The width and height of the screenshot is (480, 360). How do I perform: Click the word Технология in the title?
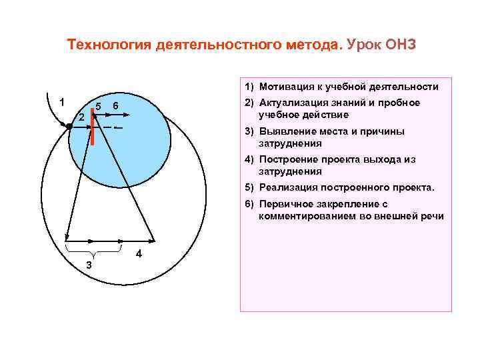pos(109,45)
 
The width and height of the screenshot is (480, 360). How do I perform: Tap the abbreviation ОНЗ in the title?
pos(399,45)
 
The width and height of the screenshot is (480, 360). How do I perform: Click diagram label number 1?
pos(61,102)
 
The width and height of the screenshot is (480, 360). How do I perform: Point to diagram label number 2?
pos(81,117)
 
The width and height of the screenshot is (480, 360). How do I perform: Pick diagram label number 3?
pos(89,266)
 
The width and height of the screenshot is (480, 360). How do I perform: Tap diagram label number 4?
pos(138,254)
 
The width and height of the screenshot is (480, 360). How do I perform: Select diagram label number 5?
pos(98,107)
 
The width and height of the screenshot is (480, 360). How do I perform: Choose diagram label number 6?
pos(115,107)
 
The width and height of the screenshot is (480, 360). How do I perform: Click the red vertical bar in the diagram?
pos(94,131)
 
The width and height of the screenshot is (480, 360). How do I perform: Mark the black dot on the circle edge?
pos(69,125)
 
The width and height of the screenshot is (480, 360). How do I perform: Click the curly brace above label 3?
pos(93,253)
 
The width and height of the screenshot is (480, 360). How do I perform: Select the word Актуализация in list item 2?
pos(293,103)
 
